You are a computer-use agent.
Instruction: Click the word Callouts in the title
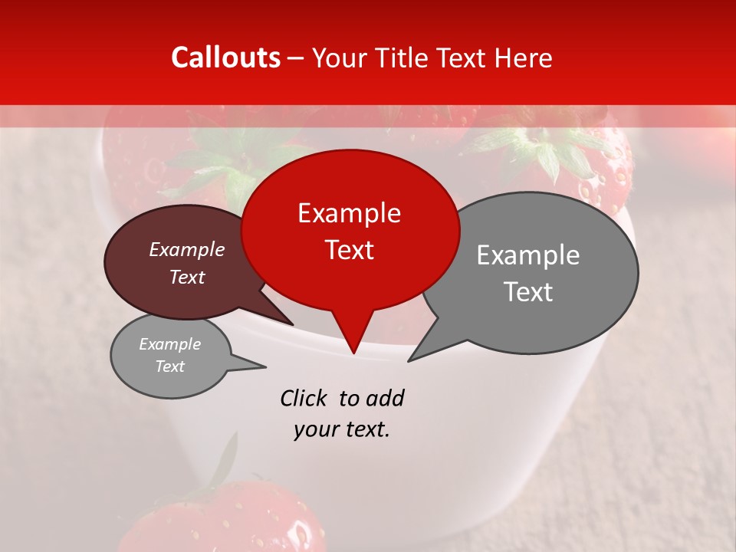tap(225, 58)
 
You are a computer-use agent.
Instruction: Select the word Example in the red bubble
tap(349, 213)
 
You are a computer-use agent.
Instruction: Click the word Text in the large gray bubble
tap(528, 292)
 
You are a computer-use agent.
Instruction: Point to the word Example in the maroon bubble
tap(187, 249)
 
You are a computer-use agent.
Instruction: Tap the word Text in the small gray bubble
tap(170, 366)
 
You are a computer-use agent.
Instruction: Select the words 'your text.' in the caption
tap(342, 429)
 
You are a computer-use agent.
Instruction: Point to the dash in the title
tap(297, 58)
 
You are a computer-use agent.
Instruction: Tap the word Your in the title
tap(337, 58)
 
